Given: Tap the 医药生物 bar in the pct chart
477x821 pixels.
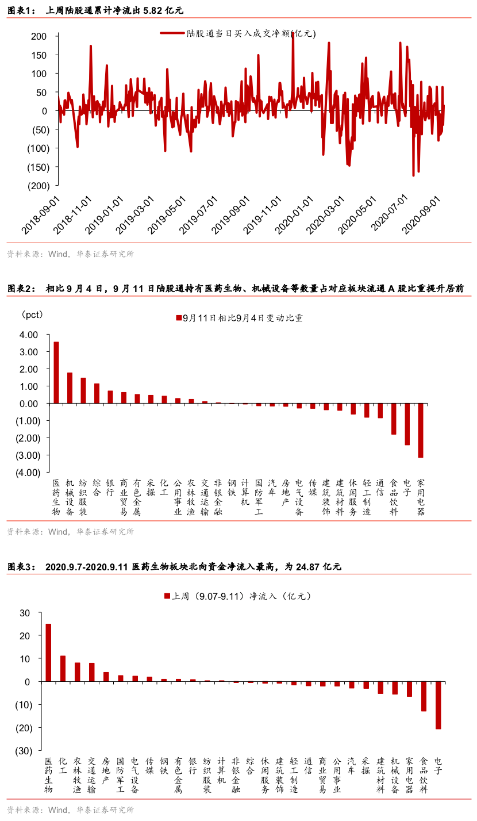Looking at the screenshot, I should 56,373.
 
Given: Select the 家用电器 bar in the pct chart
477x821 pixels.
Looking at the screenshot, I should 421,431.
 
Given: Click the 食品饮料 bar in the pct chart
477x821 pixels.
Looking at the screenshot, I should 394,419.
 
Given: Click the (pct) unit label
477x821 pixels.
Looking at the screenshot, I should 32,314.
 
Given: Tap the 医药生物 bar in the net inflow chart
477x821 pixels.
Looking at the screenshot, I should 48,653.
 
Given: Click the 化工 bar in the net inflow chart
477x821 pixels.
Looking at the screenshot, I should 63,669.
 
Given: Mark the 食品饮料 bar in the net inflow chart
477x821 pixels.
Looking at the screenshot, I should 424,696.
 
